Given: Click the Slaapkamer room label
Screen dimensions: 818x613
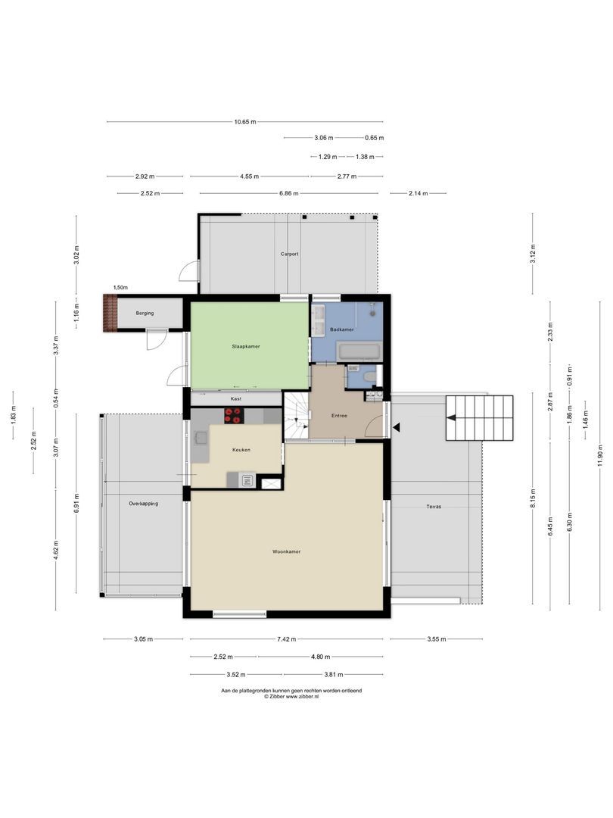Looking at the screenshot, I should point(246,346).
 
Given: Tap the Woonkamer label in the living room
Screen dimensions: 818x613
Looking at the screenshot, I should point(287,551).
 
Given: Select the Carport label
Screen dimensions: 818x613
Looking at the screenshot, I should point(289,254).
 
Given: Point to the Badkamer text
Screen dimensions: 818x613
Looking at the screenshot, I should point(342,329).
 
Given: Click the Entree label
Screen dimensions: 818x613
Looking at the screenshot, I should point(339,416).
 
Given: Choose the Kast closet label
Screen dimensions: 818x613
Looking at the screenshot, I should point(236,398).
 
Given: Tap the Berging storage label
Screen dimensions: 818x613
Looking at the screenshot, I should point(145,313).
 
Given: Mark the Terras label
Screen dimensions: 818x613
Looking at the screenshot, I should point(433,506).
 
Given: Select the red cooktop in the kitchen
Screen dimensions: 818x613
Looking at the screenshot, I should point(234,415).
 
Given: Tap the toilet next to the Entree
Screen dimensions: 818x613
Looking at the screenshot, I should point(369,376).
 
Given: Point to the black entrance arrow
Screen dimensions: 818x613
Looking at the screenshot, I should point(396,428).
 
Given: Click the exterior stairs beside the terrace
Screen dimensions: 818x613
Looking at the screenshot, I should point(479,418).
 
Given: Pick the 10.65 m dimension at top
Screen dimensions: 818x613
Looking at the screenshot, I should point(244,122).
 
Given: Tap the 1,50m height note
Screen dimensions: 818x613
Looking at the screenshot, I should point(120,288).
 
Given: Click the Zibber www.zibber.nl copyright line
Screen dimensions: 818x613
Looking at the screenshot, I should point(291,697).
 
